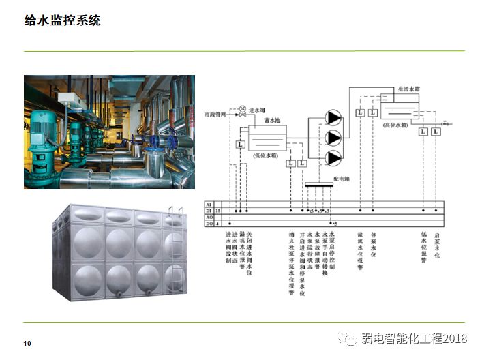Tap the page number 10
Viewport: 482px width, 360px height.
27,342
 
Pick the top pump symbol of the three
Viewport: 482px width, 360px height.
333,117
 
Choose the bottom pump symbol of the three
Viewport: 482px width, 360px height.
333,157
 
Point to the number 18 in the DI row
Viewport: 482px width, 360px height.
218,211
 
